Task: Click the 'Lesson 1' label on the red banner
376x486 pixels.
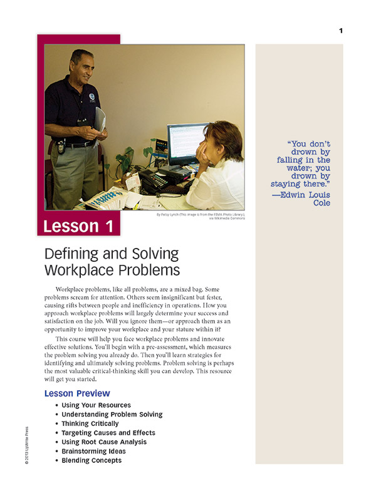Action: [x=79, y=226]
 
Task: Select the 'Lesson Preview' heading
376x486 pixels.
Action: [x=77, y=393]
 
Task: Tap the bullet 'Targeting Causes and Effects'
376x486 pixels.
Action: [x=108, y=433]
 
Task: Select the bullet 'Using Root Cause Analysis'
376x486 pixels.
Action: [x=104, y=442]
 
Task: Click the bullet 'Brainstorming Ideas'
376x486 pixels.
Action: [x=94, y=451]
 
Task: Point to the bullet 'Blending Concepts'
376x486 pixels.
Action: [x=91, y=460]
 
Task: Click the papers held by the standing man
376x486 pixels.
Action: [x=100, y=119]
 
